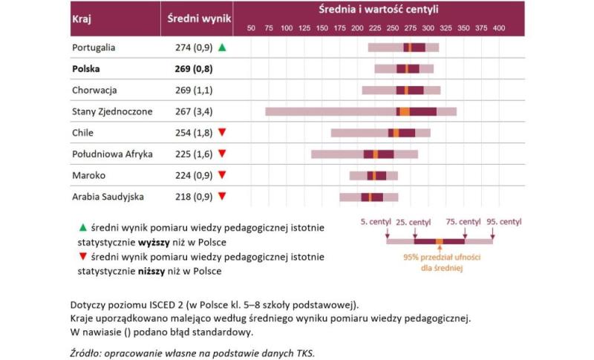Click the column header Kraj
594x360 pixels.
click(x=81, y=19)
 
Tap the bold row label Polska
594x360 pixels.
click(x=86, y=69)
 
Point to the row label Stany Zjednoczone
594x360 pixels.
click(x=112, y=111)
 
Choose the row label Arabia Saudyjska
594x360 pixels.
click(x=108, y=197)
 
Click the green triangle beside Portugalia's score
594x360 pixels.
click(x=222, y=48)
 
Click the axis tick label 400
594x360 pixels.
click(x=498, y=28)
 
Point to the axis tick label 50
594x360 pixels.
click(x=251, y=28)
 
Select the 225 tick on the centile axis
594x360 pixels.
click(x=375, y=28)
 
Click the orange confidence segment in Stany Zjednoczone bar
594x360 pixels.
click(x=404, y=111)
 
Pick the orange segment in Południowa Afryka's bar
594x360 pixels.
click(x=376, y=154)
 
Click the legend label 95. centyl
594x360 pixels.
click(x=504, y=222)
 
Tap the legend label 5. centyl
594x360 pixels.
click(x=375, y=222)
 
